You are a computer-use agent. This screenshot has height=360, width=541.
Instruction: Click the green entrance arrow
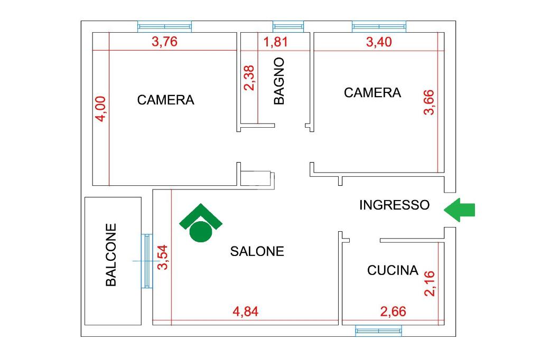[459, 210]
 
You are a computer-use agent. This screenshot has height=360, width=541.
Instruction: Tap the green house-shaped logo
[201, 223]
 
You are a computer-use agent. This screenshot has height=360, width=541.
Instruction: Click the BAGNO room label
[279, 81]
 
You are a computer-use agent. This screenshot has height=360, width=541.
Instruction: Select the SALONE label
[257, 251]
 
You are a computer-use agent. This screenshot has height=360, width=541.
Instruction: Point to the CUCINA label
[393, 270]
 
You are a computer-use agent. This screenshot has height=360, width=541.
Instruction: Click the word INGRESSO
[394, 205]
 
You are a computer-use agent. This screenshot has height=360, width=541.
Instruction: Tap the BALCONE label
[111, 255]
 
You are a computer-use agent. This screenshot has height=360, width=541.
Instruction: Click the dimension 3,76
[165, 42]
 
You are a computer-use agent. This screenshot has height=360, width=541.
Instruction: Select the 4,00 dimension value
[101, 109]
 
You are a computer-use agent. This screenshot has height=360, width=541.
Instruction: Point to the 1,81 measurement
[276, 42]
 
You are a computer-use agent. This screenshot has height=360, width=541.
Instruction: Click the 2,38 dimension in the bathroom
[249, 78]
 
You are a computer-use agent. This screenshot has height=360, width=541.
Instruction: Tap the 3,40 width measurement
[379, 42]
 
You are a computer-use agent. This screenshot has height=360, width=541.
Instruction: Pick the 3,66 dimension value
[429, 102]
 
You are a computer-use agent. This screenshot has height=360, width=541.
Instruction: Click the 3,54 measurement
[163, 257]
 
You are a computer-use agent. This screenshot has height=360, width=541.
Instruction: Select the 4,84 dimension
[245, 312]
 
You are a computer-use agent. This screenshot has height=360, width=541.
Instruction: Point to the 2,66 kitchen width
[393, 312]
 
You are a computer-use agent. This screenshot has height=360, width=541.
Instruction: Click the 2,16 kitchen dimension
[430, 283]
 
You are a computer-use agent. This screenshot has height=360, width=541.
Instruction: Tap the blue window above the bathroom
[288, 26]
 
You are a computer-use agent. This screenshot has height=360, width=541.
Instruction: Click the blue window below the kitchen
[378, 330]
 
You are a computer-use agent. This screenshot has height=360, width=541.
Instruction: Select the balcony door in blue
[147, 261]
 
